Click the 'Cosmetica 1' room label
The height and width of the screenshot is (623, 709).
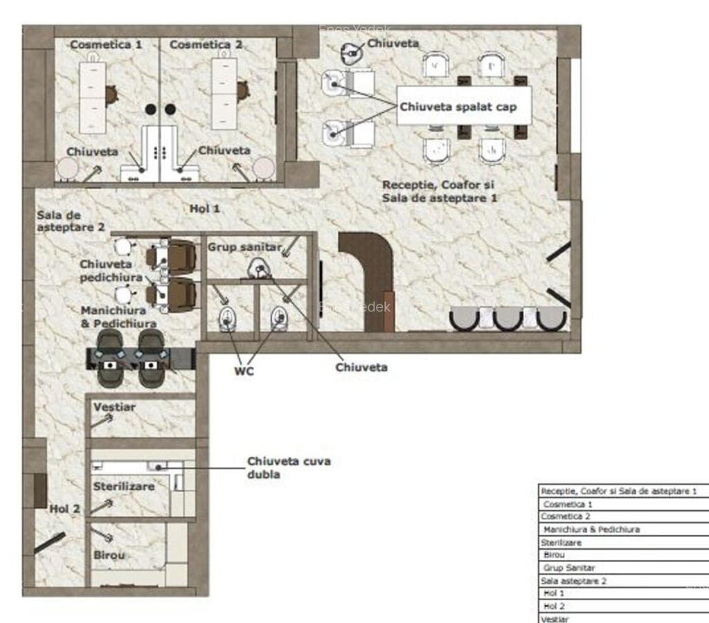coord(106,44)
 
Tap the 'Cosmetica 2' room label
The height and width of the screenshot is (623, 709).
coord(206,44)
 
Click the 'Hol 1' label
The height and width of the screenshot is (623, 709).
coord(204,208)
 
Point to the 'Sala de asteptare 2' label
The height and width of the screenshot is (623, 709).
coord(71,220)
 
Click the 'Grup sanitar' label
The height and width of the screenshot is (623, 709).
coord(244,247)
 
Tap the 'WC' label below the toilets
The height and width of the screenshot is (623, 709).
coord(244,371)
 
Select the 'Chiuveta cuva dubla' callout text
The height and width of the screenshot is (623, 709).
coord(289,468)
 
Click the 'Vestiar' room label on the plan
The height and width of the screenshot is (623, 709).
coord(114,407)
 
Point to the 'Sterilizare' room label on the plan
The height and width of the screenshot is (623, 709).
coord(124,487)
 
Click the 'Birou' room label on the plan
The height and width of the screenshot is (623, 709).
coord(109,555)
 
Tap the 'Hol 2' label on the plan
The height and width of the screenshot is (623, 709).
coord(65,509)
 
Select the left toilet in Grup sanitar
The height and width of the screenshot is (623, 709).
coord(228,319)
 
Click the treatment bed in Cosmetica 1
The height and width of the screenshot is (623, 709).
coord(92,97)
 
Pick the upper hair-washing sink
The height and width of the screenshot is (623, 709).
coord(335,84)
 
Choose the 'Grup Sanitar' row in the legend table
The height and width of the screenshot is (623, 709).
coord(569,568)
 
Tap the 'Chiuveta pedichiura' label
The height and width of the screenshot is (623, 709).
coord(111,271)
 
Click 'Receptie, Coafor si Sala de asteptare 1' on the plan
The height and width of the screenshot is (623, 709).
coord(438,191)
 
